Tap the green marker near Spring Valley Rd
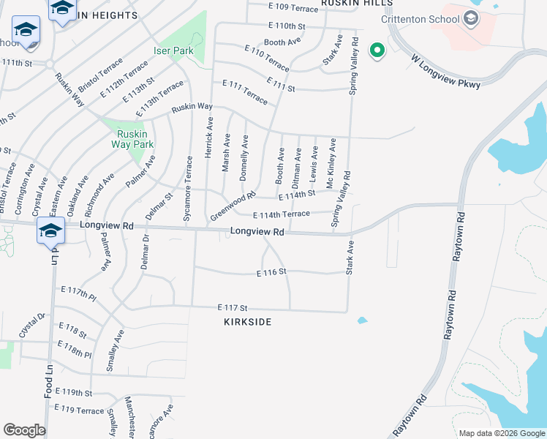(x=377, y=50)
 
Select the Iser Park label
(x=173, y=51)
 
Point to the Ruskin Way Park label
(x=133, y=139)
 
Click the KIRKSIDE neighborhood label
(x=248, y=322)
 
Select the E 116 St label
(x=270, y=271)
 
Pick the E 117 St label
(x=233, y=308)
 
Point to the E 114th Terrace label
(x=281, y=214)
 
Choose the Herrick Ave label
(x=210, y=135)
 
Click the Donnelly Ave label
(x=244, y=157)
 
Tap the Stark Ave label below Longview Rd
(x=350, y=258)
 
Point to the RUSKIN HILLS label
(x=356, y=4)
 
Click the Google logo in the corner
(x=24, y=430)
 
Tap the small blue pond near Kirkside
(x=362, y=320)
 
